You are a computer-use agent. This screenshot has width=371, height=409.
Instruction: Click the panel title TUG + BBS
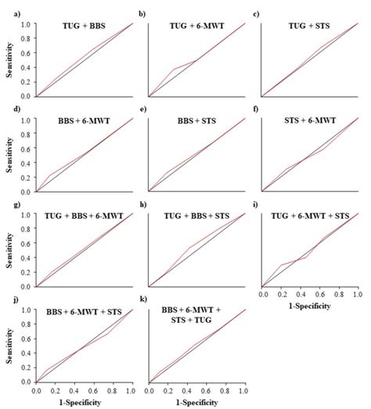click(85, 26)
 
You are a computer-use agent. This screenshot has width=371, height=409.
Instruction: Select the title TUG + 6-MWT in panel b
click(197, 26)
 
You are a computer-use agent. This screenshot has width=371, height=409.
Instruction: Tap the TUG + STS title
click(309, 26)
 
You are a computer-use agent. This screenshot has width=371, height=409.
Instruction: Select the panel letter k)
click(141, 300)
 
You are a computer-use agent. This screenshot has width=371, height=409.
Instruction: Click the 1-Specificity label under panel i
click(309, 307)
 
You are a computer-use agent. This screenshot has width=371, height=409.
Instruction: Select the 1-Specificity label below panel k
click(197, 402)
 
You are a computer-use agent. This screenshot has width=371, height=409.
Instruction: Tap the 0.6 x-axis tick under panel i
click(319, 296)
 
